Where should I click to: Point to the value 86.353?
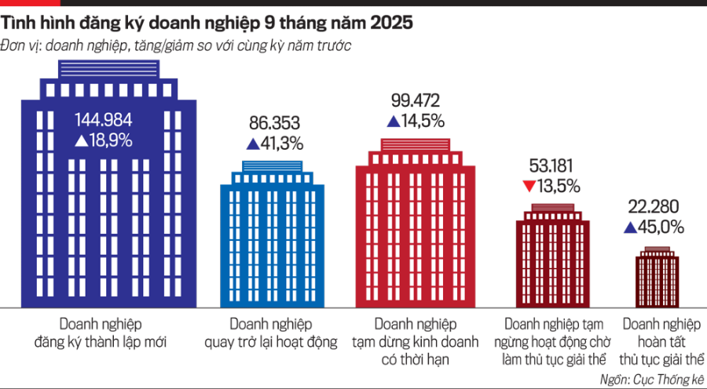click(274, 124)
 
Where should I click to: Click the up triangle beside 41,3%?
click(253, 144)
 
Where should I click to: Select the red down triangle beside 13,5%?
click(529, 187)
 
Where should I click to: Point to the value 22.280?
click(655, 207)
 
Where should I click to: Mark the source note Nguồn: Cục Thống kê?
click(650, 379)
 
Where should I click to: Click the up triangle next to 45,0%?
click(629, 227)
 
